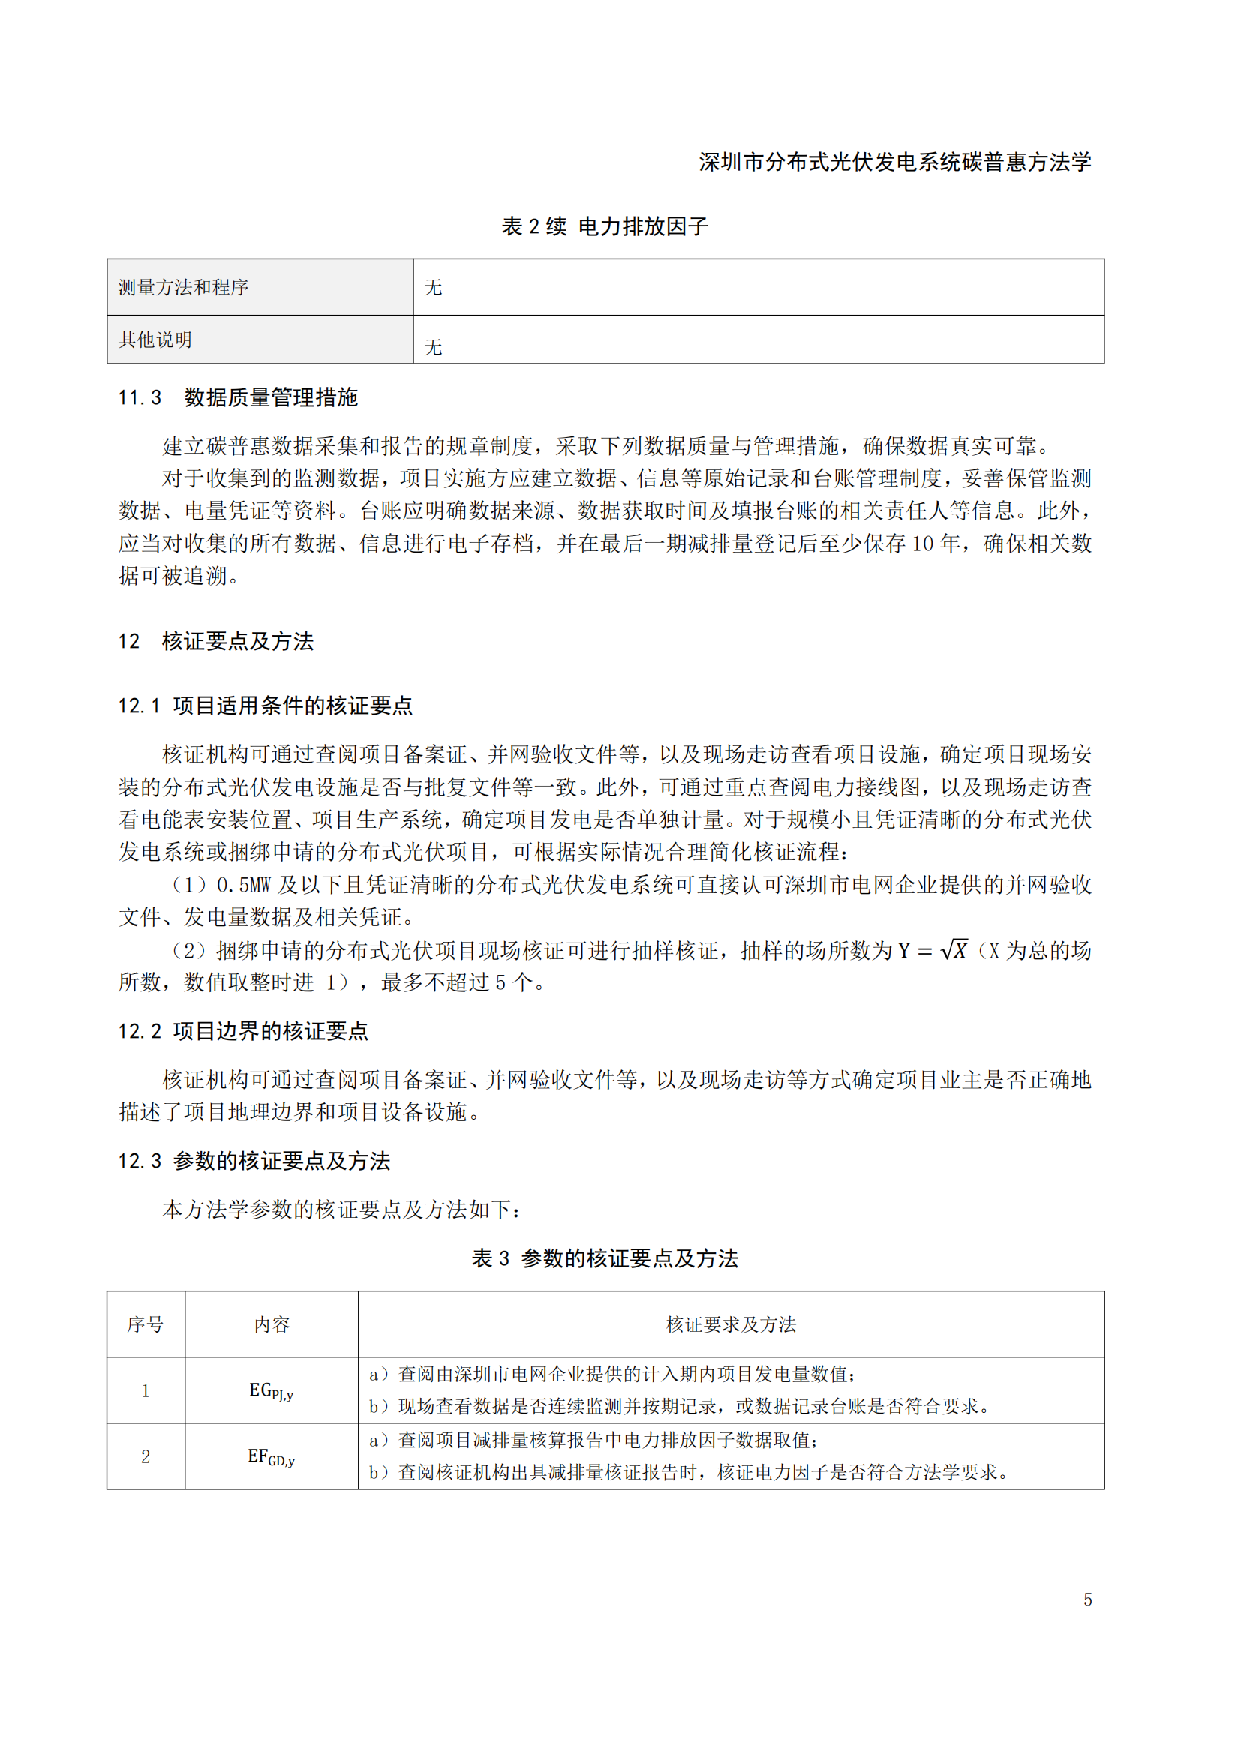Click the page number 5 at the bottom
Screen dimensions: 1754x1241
pos(1087,1599)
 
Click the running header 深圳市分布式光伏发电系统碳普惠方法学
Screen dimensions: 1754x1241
pos(895,162)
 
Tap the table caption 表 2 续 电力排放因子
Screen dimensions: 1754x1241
pos(605,226)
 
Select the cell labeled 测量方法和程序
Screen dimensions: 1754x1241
pos(183,287)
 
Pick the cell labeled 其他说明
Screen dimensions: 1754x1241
pos(155,339)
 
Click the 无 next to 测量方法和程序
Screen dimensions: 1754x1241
pos(433,287)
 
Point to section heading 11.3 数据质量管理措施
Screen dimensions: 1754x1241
pos(238,397)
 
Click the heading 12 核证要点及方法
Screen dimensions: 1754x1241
pos(215,641)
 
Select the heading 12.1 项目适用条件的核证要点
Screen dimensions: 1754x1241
pos(265,705)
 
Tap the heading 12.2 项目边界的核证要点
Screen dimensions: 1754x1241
pos(243,1030)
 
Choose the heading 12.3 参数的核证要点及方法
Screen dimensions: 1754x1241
pos(254,1160)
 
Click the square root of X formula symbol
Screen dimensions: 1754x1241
pos(954,949)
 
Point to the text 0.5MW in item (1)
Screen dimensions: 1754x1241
pos(244,885)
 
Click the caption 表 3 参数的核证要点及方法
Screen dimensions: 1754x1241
pos(605,1258)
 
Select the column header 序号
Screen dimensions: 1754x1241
pos(146,1324)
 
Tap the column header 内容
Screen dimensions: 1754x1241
pos(272,1324)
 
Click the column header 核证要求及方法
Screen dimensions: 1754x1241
pos(731,1324)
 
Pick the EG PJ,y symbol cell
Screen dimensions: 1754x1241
pos(272,1390)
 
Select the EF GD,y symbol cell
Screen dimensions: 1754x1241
pos(272,1456)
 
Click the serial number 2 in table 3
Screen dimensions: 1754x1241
pos(146,1456)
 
